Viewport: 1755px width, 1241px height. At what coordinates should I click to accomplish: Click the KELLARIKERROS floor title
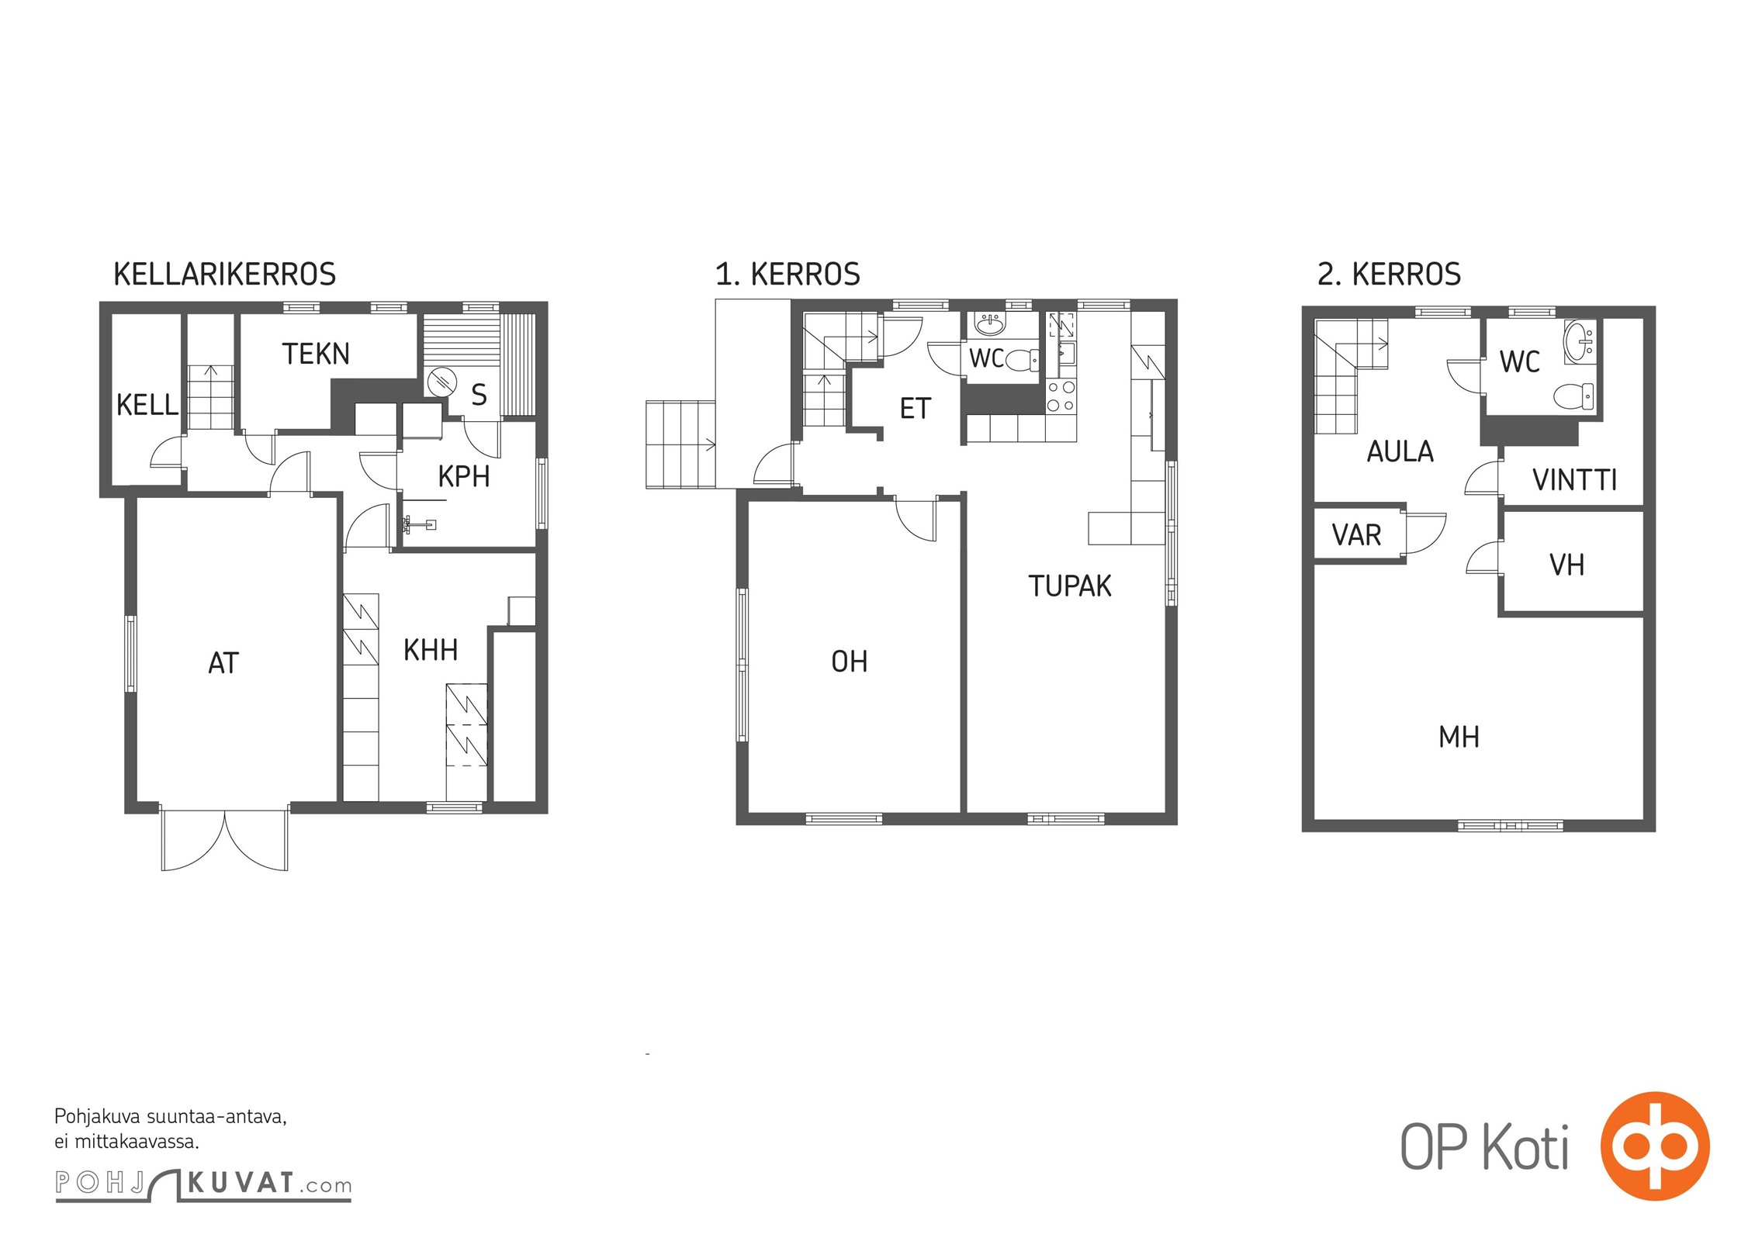pos(225,275)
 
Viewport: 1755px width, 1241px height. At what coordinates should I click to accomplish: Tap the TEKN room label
pos(316,354)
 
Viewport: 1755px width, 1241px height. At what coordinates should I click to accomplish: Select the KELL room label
pos(147,405)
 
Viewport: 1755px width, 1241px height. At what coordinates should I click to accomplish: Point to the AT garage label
pos(223,663)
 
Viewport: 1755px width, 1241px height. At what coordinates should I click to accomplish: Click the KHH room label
pos(431,650)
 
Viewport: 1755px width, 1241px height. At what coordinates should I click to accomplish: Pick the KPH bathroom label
pos(464,476)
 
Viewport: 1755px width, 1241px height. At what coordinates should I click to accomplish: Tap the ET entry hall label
pos(915,409)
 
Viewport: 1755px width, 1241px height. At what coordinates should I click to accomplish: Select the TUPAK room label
pos(1070,586)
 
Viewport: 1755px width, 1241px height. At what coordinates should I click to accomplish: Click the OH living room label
pos(850,662)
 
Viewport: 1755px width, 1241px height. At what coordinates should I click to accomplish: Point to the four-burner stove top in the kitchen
pos(1061,396)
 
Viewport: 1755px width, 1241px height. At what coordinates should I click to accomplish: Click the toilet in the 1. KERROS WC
pos(1023,360)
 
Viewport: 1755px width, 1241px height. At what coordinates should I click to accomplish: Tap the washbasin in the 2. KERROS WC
pos(1580,342)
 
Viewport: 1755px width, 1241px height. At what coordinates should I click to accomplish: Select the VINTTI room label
pos(1575,481)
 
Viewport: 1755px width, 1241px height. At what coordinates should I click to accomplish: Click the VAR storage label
pos(1357,535)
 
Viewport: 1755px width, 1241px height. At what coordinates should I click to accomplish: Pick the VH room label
pos(1566,565)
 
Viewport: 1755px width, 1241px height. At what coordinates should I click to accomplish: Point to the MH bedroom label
pos(1459,737)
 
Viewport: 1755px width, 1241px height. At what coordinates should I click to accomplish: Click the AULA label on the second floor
pos(1400,451)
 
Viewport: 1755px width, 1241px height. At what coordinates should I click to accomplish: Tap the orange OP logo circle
pos(1655,1146)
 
